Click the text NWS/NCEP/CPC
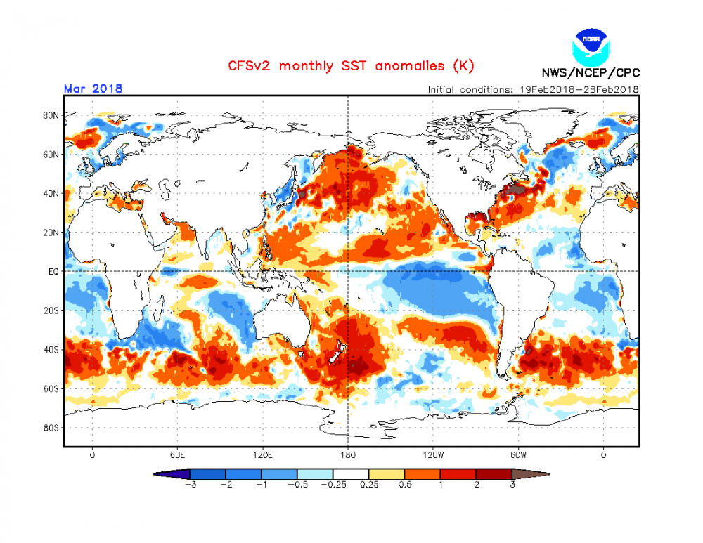[x=591, y=73]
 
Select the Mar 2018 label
[x=93, y=89]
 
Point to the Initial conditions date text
[x=533, y=90]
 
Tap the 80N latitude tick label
[x=51, y=115]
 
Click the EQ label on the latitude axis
[x=52, y=271]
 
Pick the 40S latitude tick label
[x=51, y=349]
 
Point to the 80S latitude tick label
[x=51, y=427]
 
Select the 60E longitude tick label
[x=177, y=454]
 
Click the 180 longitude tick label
[x=348, y=454]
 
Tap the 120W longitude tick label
[x=433, y=454]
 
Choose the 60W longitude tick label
[x=519, y=454]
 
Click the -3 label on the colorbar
[x=189, y=485]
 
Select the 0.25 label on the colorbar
[x=368, y=485]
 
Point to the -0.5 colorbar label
[x=297, y=485]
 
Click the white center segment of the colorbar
[x=351, y=474]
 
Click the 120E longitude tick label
[x=262, y=454]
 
